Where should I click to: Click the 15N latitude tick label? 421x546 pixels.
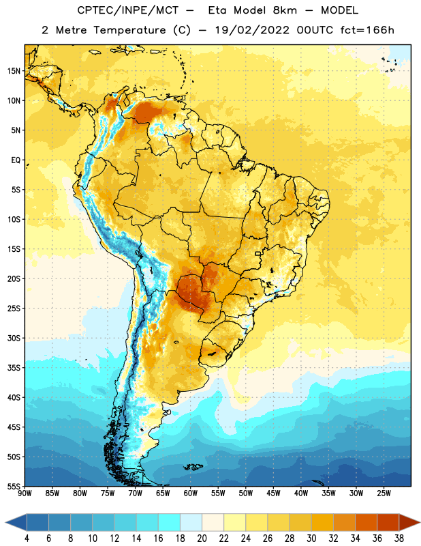tap(14, 71)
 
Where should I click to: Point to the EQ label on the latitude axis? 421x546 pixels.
tap(16, 160)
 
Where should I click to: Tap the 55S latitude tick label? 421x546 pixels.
tap(14, 486)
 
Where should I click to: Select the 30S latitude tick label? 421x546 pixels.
tap(14, 338)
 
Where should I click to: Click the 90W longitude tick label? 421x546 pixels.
tap(25, 493)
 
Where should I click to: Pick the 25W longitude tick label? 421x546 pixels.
tap(384, 493)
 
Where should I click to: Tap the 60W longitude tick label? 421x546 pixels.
tap(191, 493)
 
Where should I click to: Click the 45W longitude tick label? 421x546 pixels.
tap(273, 493)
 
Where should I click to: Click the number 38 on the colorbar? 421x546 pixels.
tap(399, 538)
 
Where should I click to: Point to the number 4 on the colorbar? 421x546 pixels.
tap(27, 538)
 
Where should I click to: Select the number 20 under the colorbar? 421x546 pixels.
tap(202, 538)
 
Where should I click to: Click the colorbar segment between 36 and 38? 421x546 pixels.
tap(388, 522)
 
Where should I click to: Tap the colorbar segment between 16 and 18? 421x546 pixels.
tap(169, 522)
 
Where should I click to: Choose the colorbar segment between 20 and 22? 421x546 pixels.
tap(213, 522)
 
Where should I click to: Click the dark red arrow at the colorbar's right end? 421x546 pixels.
tap(409, 522)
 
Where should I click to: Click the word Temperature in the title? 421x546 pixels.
tap(129, 30)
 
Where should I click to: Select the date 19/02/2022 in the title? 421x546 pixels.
tap(252, 30)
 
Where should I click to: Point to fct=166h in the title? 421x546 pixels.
tap(367, 30)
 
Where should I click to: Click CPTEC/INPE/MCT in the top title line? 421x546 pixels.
tap(128, 10)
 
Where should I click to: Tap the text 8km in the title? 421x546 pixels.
tap(285, 10)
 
